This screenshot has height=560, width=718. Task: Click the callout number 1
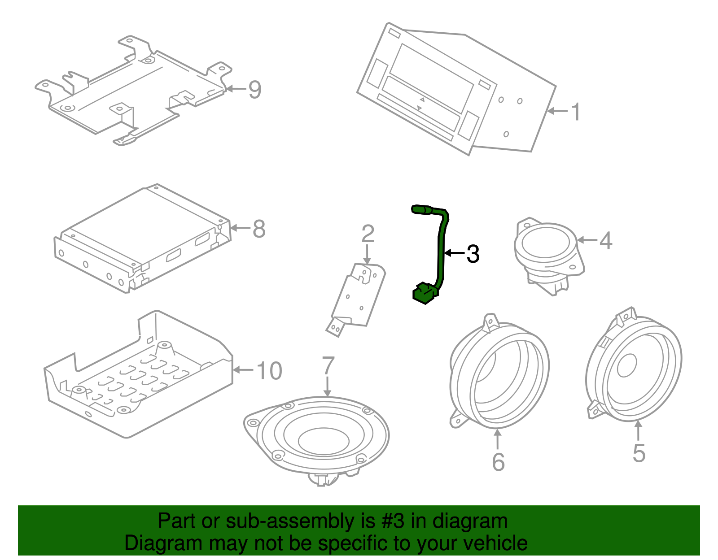576,112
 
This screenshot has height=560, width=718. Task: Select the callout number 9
254,90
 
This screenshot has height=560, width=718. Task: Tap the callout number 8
259,229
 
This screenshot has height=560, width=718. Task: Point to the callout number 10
269,371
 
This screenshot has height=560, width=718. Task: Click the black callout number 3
473,254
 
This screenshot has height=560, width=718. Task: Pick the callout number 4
605,241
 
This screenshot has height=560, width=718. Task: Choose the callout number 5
639,453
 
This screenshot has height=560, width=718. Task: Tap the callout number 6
498,462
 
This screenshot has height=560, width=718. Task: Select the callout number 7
328,365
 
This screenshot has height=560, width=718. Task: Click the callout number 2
368,234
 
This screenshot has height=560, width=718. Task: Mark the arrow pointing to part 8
240,228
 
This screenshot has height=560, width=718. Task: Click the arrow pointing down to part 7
328,386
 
